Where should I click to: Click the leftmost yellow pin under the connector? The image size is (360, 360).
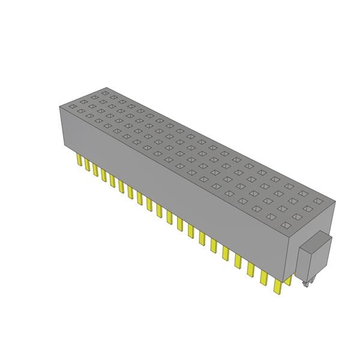coord(79,160)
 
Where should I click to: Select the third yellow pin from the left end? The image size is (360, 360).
coord(95,169)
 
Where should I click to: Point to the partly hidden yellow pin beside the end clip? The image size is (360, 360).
coord(289,280)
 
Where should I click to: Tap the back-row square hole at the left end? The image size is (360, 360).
coord(105,93)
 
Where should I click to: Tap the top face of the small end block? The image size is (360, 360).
coord(318,241)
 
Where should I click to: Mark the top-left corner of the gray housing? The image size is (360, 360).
coord(59,106)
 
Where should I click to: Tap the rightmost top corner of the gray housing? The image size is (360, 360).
coord(335,202)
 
